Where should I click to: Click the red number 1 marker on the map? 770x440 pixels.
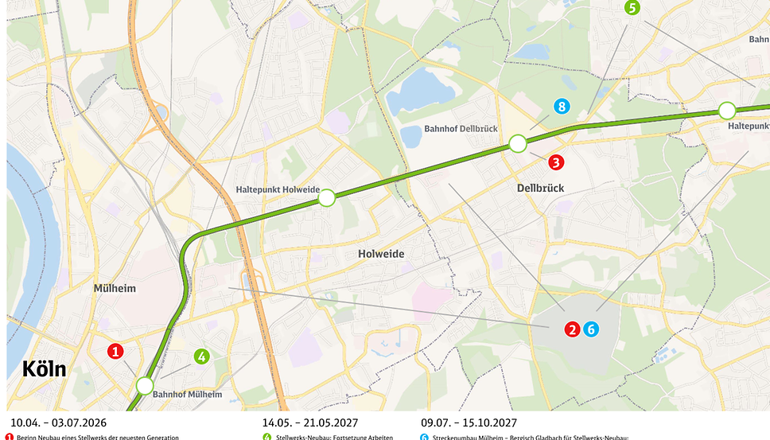(x=115, y=351)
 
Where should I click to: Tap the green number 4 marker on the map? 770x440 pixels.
(x=202, y=356)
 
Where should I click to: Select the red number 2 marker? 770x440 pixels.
(x=572, y=329)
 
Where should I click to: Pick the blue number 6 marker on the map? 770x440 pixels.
(x=590, y=329)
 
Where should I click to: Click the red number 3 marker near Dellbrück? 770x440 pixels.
(x=556, y=162)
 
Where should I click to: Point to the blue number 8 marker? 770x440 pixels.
(x=562, y=107)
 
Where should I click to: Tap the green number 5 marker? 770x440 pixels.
(x=632, y=8)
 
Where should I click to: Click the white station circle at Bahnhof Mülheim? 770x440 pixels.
(x=144, y=386)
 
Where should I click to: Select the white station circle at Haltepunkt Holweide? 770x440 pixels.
(x=326, y=197)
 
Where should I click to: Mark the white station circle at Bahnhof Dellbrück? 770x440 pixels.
(x=518, y=143)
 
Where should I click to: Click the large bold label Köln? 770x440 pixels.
(x=45, y=370)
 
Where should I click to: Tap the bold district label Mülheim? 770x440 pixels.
(x=115, y=288)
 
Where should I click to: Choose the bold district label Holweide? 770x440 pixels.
(x=380, y=254)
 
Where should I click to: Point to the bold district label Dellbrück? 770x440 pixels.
(x=540, y=189)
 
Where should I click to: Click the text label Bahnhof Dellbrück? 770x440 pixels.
(x=461, y=128)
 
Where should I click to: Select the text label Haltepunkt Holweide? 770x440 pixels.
(x=278, y=190)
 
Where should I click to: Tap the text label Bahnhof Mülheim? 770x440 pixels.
(x=187, y=394)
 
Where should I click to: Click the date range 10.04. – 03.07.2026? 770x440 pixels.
(x=58, y=422)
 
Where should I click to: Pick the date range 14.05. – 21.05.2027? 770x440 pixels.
(x=311, y=422)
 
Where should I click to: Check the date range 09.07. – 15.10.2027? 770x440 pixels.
(x=469, y=422)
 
